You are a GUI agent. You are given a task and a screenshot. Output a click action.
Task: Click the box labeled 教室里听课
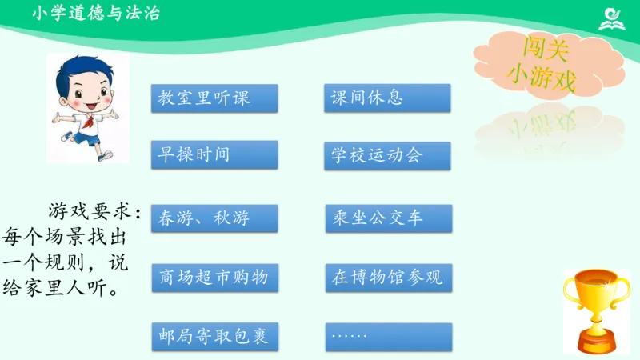click(214, 98)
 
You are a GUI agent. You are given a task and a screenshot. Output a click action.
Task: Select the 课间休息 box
click(387, 98)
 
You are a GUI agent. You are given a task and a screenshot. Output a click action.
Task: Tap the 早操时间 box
click(214, 154)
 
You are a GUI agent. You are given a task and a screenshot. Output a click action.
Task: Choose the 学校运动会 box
click(387, 155)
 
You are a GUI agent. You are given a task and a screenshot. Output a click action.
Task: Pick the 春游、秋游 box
click(214, 218)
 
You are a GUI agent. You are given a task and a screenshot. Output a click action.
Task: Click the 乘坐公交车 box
click(388, 218)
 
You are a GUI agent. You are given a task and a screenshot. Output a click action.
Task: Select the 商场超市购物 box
click(214, 278)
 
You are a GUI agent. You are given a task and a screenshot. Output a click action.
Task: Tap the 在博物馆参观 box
click(388, 278)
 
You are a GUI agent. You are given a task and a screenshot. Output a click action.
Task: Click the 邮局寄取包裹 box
click(214, 337)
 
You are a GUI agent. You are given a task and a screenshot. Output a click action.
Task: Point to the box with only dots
click(388, 337)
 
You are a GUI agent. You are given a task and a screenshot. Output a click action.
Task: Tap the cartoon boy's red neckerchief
click(90, 118)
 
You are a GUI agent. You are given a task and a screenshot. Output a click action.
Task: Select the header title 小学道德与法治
click(96, 14)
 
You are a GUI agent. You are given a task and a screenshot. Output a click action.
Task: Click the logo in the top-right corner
click(612, 18)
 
